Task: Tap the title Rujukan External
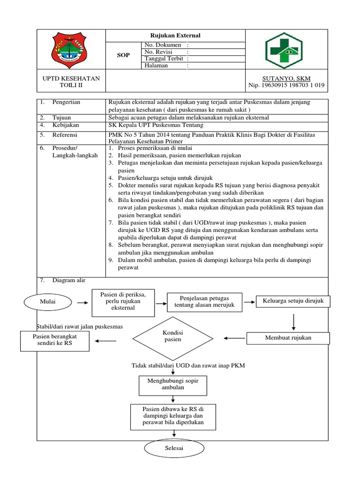tap(174, 36)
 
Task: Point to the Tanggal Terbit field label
tap(164, 59)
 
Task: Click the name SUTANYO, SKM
tap(287, 78)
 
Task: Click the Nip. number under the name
tap(287, 86)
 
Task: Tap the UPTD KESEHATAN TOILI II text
tap(71, 82)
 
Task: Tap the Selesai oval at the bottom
tap(174, 449)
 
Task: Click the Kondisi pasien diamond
tap(172, 336)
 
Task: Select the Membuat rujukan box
tap(288, 337)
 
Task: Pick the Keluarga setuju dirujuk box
tap(293, 301)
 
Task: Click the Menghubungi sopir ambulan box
tap(173, 384)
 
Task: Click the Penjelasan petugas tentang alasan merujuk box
tap(204, 302)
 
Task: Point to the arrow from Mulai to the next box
tap(82, 303)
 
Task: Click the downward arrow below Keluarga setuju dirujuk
tap(293, 321)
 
